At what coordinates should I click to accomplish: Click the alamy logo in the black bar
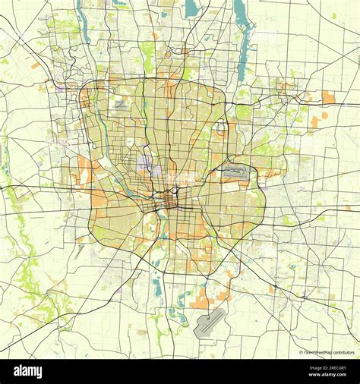click(x=30, y=371)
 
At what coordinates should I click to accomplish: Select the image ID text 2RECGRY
click(x=327, y=367)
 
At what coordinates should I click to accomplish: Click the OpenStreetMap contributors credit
click(x=328, y=353)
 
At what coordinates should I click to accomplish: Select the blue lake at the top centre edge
click(x=191, y=8)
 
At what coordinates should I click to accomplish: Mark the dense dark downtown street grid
click(x=169, y=202)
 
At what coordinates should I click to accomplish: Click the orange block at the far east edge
click(x=328, y=97)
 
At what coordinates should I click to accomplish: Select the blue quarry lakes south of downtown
click(x=157, y=287)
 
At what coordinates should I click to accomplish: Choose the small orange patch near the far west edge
click(x=36, y=66)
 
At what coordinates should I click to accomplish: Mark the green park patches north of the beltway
click(x=149, y=53)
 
